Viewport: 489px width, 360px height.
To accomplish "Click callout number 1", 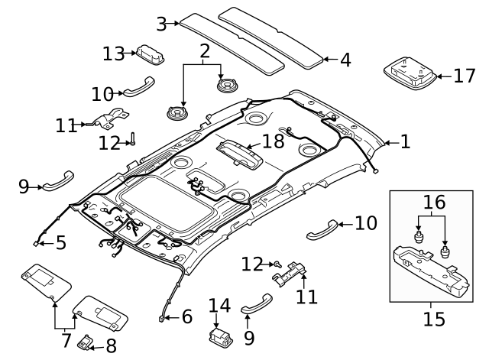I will (x=404, y=141).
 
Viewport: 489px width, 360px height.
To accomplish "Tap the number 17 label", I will (x=463, y=76).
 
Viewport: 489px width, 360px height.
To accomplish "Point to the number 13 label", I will (x=114, y=53).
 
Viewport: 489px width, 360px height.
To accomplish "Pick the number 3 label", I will (x=161, y=24).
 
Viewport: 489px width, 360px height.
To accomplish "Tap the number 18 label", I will (x=273, y=141).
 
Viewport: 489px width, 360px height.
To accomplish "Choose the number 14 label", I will (x=219, y=306).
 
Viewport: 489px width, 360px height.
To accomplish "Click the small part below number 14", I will (x=219, y=336).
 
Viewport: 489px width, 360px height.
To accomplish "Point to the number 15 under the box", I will (x=433, y=318).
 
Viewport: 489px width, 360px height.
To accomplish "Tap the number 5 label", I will (x=60, y=243).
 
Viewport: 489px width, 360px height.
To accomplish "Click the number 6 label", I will (x=186, y=317).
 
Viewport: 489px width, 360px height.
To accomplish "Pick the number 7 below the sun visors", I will (x=67, y=338).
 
